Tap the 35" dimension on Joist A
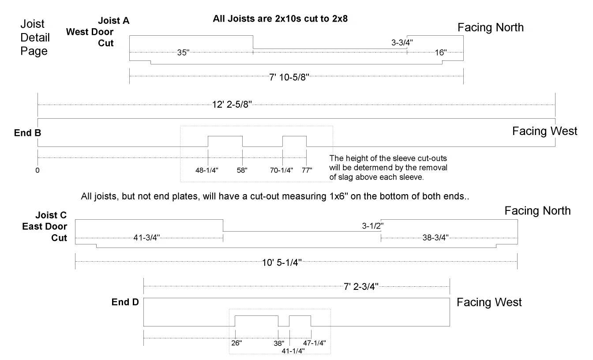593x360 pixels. coord(183,52)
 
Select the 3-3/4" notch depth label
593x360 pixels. coord(402,43)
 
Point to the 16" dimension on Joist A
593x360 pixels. coord(440,52)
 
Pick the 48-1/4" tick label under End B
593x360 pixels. coord(207,170)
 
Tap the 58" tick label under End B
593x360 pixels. coord(243,170)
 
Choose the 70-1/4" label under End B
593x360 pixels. coord(281,170)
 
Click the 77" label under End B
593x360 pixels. coord(307,170)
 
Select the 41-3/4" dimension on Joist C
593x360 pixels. coord(146,238)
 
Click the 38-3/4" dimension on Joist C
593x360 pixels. coord(435,238)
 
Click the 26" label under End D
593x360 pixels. coord(236,342)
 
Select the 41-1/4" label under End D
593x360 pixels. coord(293,350)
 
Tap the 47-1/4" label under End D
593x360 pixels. coord(314,342)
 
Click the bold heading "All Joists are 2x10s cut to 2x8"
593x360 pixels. coord(281,20)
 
